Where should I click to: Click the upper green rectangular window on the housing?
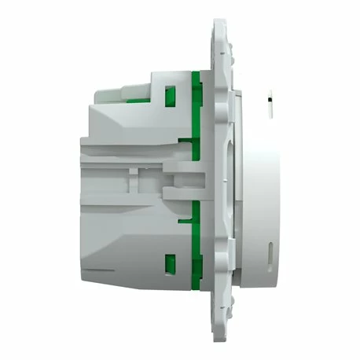pyautogui.click(x=167, y=97)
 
